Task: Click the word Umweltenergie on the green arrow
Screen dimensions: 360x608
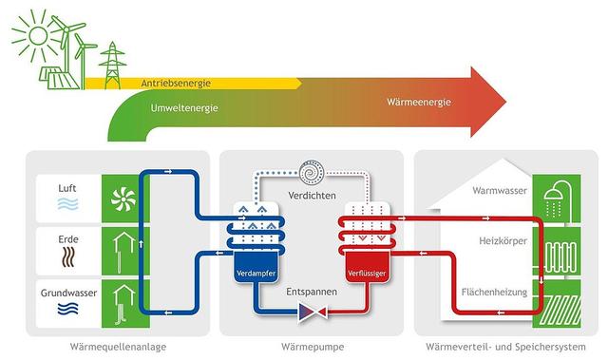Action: click(184, 108)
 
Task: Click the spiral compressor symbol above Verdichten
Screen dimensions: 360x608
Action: click(312, 174)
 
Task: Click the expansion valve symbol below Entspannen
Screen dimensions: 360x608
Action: click(311, 311)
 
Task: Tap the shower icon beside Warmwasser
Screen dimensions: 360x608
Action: click(553, 198)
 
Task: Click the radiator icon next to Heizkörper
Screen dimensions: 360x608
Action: click(553, 251)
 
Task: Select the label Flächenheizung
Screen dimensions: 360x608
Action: click(493, 293)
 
